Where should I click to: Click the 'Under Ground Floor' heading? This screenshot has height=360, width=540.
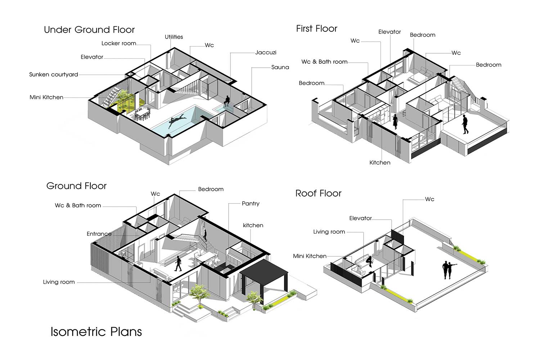89,30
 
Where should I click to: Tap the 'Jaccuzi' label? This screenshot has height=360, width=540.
266,53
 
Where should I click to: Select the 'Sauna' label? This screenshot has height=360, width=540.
280,67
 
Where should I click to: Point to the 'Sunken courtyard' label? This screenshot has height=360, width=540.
54,75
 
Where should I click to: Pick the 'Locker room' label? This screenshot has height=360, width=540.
118,44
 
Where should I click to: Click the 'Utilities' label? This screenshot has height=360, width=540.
174,37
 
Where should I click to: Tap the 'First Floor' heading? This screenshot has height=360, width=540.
316,29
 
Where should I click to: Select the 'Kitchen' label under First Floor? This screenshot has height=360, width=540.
380,162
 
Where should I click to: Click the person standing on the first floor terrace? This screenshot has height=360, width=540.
465,124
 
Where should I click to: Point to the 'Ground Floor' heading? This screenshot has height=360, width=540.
76,186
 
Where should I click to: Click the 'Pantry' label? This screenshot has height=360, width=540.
251,204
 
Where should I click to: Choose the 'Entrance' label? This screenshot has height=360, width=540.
99,234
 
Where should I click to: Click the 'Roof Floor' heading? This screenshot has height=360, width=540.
319,193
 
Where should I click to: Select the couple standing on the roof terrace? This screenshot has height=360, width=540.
449,270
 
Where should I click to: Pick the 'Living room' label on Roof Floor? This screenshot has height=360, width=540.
329,232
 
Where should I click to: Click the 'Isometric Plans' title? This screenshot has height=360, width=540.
96,332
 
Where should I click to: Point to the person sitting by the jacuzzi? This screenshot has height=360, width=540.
226,101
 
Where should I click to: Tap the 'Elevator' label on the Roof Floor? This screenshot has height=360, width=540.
360,219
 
